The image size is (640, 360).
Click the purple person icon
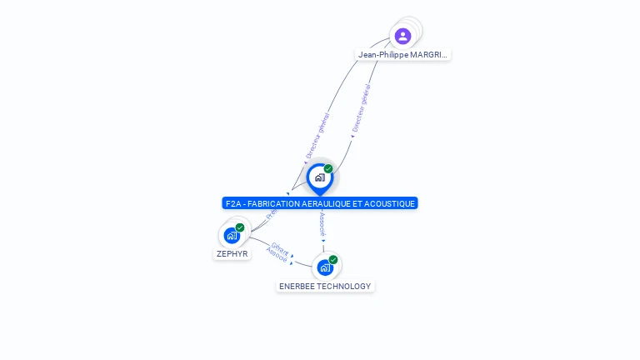[403, 36]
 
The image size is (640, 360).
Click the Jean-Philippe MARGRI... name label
[403, 55]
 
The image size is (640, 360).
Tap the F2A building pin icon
[319, 177]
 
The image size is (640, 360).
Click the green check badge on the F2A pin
[328, 169]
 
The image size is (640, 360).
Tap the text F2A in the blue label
[232, 203]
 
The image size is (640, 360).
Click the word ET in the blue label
[363, 203]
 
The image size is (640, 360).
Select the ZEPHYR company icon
[232, 236]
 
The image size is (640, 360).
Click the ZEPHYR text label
[232, 254]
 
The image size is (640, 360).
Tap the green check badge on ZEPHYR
[240, 227]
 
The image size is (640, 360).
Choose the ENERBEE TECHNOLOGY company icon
[325, 267]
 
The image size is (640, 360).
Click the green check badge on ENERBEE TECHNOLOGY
[333, 260]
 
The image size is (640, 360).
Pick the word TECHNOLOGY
[347, 287]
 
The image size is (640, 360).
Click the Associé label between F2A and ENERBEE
[322, 224]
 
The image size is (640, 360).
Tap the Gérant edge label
[280, 249]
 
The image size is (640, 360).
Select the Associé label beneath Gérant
[277, 257]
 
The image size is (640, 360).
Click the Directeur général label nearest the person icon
[362, 108]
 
